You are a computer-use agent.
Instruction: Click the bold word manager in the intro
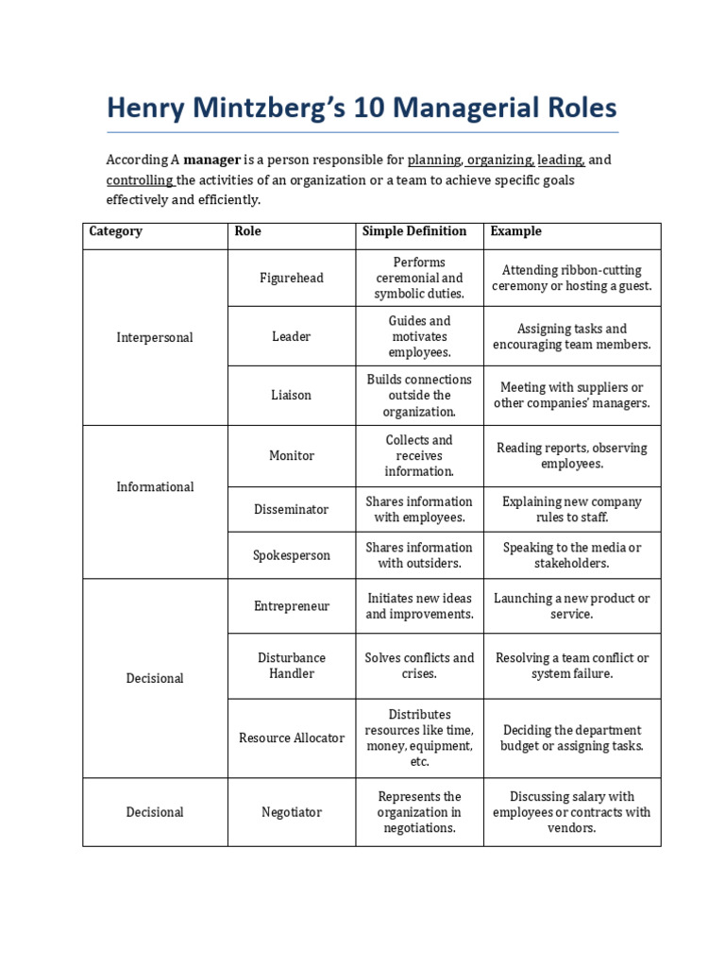pos(212,160)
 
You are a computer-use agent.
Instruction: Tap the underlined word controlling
pos(139,179)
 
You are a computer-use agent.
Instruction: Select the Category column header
pos(115,231)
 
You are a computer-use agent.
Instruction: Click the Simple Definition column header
pos(414,231)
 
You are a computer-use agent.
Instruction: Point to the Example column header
pos(515,231)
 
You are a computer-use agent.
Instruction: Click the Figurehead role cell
pos(291,278)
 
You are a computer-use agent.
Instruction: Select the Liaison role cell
pos(291,395)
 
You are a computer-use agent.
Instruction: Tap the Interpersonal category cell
pos(155,337)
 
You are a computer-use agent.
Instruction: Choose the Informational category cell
pos(155,486)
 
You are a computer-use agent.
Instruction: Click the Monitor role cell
pos(291,455)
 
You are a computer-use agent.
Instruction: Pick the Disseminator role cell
pos(291,509)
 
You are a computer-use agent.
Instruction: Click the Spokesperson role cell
pos(291,555)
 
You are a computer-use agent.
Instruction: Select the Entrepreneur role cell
pos(291,606)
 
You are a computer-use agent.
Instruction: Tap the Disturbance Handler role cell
pos(291,666)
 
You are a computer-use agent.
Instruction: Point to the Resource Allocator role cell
pos(291,738)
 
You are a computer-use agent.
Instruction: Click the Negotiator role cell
pos(291,812)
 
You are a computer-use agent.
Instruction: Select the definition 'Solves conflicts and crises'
pos(419,666)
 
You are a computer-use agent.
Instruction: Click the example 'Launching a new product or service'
pos(571,606)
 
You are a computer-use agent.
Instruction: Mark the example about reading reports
pos(571,455)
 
